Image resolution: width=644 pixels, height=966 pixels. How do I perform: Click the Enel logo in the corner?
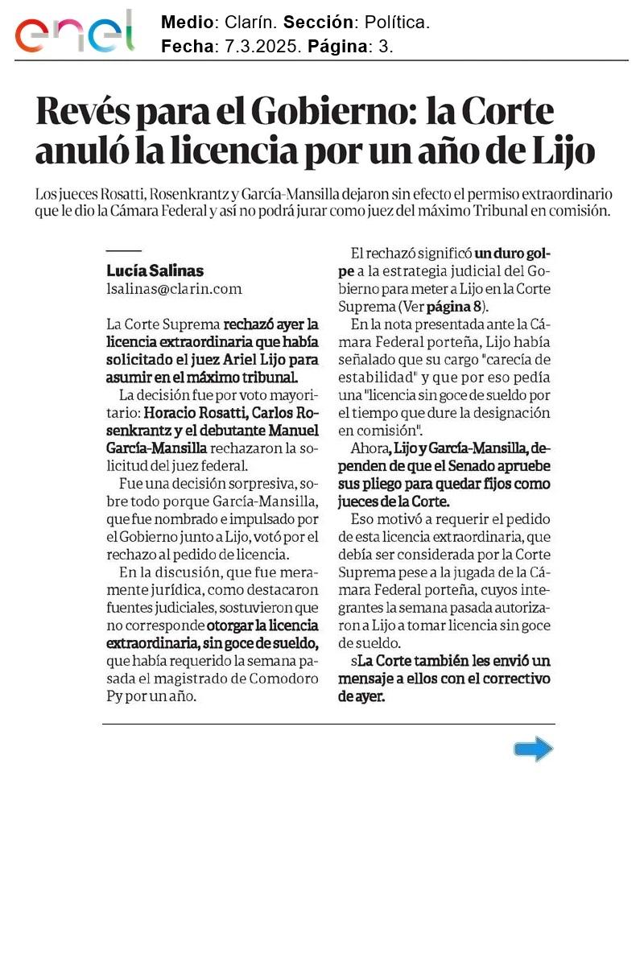[73, 32]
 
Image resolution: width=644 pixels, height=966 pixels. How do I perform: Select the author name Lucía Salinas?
[155, 270]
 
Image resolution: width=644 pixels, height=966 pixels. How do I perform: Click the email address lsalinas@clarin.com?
[174, 289]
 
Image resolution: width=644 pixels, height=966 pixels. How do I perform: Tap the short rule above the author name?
[123, 252]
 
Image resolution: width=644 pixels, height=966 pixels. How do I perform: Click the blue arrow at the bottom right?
[533, 749]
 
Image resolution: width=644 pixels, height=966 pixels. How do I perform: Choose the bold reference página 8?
[456, 307]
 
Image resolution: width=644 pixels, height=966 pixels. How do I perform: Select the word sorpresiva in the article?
[260, 484]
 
